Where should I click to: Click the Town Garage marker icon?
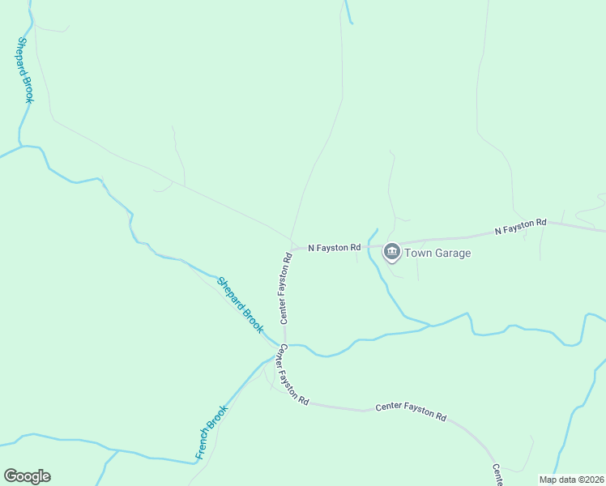(x=392, y=252)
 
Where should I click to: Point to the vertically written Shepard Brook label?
(x=25, y=70)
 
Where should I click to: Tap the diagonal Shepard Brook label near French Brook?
(x=240, y=305)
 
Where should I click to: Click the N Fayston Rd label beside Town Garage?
(x=334, y=247)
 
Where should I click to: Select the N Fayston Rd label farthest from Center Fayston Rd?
(x=521, y=227)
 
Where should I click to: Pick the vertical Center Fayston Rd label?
(x=286, y=288)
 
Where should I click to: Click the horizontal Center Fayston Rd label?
(x=411, y=412)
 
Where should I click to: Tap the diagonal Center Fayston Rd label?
(x=293, y=375)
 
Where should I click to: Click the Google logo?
(x=27, y=475)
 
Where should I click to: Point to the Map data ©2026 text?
(x=571, y=480)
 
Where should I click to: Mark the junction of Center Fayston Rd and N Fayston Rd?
(x=293, y=249)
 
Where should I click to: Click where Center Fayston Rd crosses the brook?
(x=284, y=345)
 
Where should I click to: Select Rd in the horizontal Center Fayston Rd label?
(x=441, y=416)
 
